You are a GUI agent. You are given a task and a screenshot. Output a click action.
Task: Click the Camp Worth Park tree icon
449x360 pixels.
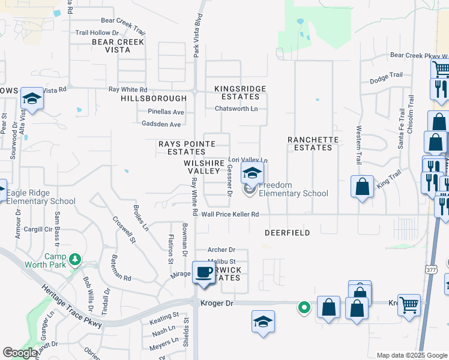[75, 260]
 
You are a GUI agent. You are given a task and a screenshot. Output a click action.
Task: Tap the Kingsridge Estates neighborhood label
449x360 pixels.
[240, 92]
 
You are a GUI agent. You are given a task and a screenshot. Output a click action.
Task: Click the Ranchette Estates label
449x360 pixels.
[313, 143]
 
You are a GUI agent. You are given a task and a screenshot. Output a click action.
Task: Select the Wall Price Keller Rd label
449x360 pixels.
[230, 214]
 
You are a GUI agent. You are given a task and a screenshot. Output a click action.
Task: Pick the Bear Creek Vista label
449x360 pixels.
[118, 46]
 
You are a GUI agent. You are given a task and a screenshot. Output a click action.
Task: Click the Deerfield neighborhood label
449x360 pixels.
[287, 232]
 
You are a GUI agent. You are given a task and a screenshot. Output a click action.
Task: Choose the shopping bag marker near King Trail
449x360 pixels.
[363, 187]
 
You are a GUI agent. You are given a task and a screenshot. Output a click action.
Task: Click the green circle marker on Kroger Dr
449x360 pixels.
[305, 308]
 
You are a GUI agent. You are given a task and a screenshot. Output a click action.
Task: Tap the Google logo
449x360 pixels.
[20, 353]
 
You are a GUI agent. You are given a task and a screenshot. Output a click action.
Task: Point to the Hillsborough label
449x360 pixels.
[154, 98]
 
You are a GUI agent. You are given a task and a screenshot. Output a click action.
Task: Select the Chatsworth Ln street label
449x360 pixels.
[237, 109]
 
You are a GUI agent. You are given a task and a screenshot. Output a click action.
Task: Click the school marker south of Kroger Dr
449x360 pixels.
[263, 322]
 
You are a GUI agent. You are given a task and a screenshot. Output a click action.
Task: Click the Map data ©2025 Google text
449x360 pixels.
[412, 355]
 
